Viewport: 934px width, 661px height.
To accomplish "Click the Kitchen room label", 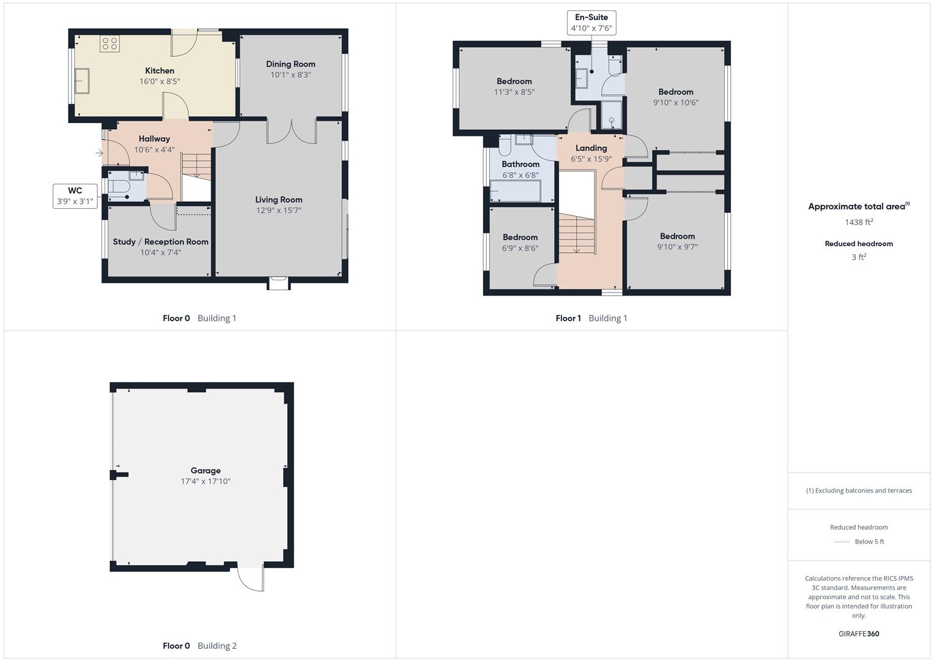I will (x=160, y=71).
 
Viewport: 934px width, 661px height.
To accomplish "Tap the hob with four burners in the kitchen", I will (x=109, y=43).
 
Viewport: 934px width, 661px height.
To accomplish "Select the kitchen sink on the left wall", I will (x=82, y=81).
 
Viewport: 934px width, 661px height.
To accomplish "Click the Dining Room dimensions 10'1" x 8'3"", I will (x=291, y=75).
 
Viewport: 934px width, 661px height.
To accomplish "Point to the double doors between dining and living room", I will (x=292, y=131).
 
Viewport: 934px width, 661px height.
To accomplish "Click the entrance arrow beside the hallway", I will (x=99, y=153).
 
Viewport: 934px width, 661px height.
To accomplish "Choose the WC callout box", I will (x=75, y=196).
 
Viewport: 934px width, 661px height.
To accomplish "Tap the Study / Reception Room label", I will (x=160, y=242).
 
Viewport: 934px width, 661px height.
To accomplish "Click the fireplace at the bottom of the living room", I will (x=278, y=283).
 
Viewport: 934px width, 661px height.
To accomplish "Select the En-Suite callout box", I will (x=591, y=23).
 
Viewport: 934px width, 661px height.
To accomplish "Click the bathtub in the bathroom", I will (x=516, y=191).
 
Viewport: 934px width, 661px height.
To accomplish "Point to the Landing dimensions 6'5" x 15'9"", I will (x=591, y=159).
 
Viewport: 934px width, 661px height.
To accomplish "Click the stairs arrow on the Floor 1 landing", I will (x=576, y=248).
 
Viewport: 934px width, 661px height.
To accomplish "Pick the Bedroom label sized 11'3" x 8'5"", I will (x=514, y=81).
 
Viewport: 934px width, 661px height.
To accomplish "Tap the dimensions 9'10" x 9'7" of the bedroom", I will (x=677, y=247).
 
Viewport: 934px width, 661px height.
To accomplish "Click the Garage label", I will (x=205, y=471).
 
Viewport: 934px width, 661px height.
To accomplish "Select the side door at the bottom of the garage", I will (x=251, y=578).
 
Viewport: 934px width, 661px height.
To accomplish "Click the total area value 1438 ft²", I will (x=859, y=222).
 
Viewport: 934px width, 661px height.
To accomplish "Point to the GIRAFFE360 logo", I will (x=859, y=633).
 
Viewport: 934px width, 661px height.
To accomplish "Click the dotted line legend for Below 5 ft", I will (x=842, y=542).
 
